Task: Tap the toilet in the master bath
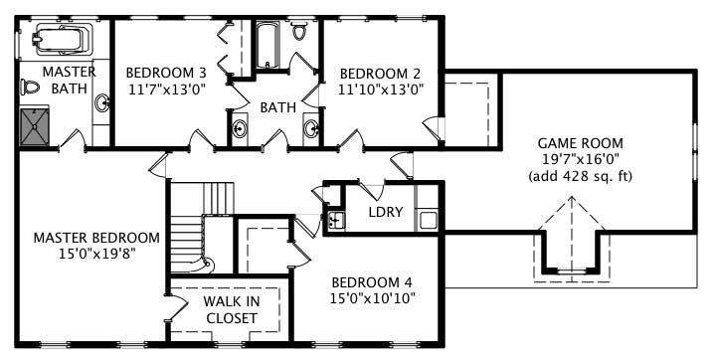(30, 88)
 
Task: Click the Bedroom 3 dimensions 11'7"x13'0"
(166, 89)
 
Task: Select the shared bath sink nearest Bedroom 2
(310, 127)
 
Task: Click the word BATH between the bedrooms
(278, 107)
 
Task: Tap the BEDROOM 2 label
(381, 73)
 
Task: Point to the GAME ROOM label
(581, 143)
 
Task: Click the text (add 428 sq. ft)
(581, 176)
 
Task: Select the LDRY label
(385, 213)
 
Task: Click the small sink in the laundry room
(335, 220)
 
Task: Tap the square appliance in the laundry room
(429, 219)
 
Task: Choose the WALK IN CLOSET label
(231, 309)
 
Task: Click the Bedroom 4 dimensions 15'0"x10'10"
(373, 297)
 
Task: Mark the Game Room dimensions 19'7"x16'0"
(581, 160)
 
